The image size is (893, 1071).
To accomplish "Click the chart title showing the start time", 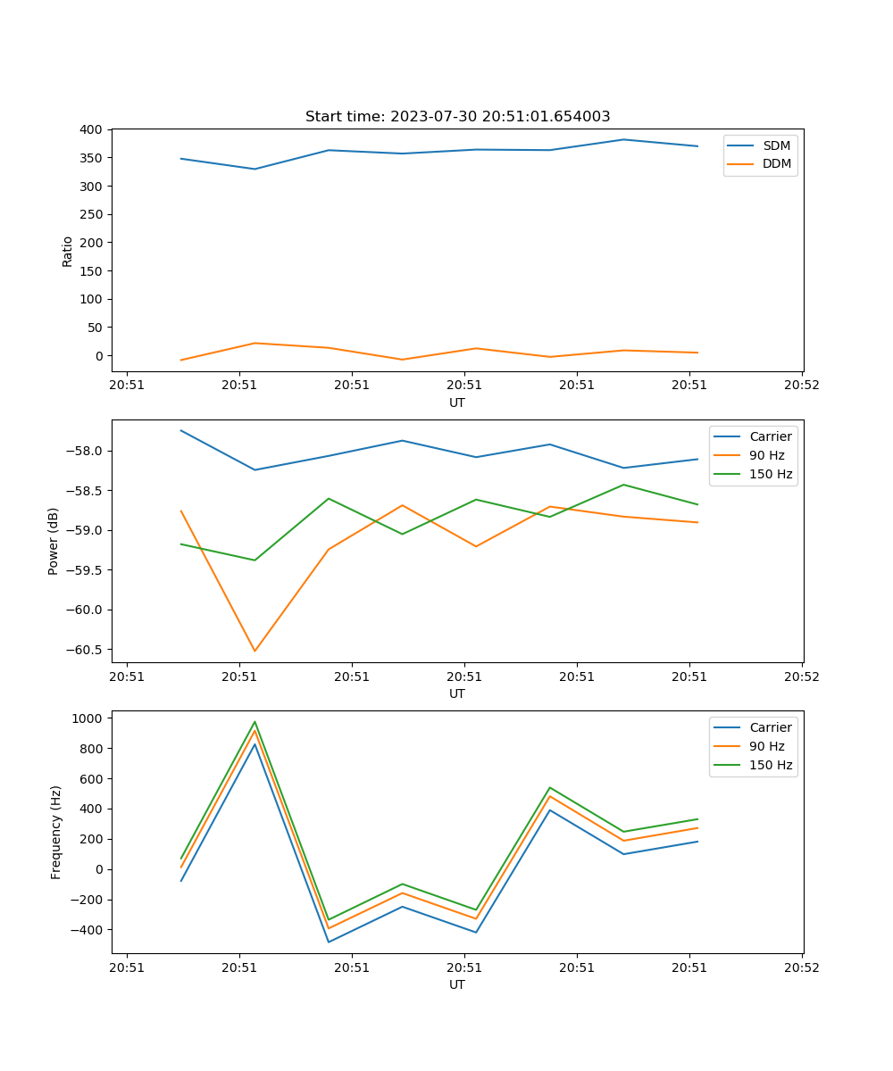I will [x=457, y=117].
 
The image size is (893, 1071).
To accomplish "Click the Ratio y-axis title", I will [x=68, y=251].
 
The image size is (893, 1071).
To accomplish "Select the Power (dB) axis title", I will [x=54, y=541].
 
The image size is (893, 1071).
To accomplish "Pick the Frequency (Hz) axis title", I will [x=56, y=832].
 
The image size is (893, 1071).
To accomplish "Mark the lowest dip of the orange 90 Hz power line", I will [x=255, y=651].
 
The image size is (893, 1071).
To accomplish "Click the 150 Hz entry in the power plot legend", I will [x=770, y=474].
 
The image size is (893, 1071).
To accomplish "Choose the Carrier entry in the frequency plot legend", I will [x=770, y=727].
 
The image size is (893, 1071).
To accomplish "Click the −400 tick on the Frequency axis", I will [x=88, y=930].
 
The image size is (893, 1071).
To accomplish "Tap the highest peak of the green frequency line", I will [x=255, y=722].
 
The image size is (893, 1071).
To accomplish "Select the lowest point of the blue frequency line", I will [x=329, y=942].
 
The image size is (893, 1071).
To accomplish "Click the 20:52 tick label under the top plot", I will [x=801, y=386].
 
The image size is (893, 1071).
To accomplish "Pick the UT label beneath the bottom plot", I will [x=457, y=984].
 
